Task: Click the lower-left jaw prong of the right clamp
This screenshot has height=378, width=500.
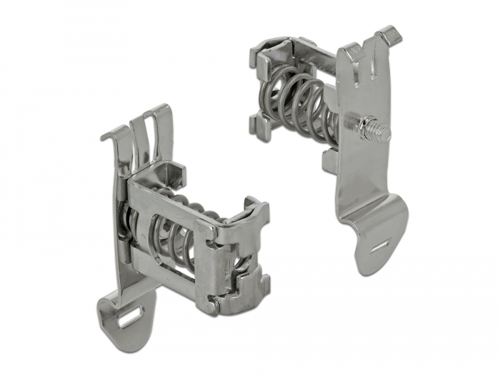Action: point(259,125)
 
